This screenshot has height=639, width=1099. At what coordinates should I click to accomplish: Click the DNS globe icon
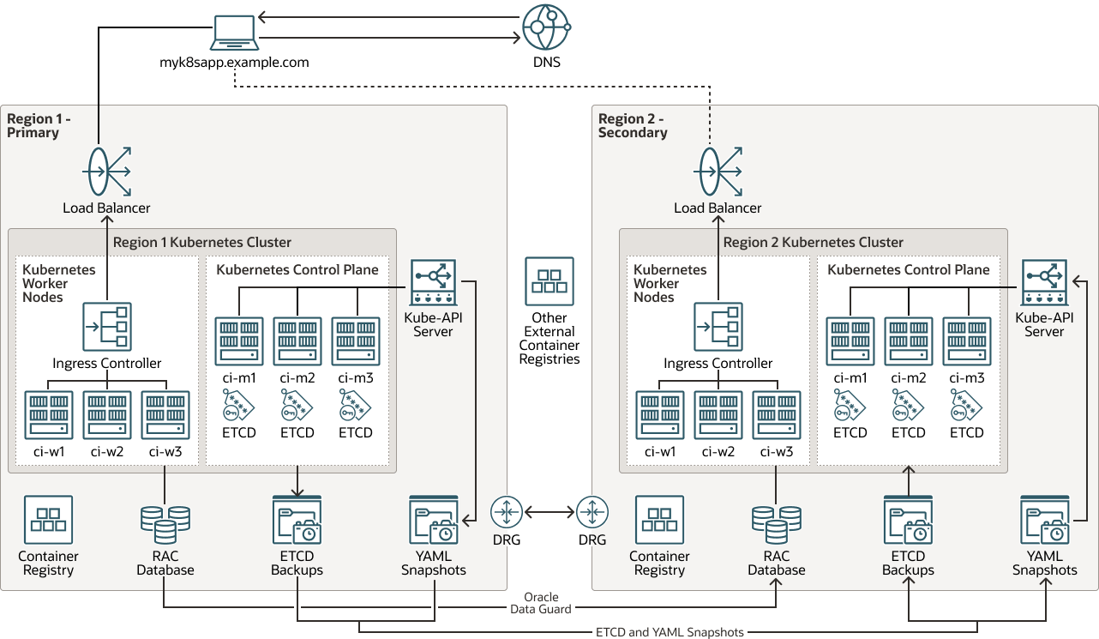pyautogui.click(x=547, y=27)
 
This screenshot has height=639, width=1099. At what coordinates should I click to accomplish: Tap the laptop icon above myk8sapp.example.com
pyautogui.click(x=234, y=33)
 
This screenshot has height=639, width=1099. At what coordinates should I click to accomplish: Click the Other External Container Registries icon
pyautogui.click(x=549, y=281)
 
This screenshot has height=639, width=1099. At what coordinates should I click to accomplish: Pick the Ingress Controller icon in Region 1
pyautogui.click(x=106, y=327)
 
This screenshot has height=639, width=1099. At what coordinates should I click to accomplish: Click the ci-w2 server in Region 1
pyautogui.click(x=106, y=415)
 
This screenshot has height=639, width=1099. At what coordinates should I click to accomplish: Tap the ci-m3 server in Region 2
pyautogui.click(x=967, y=341)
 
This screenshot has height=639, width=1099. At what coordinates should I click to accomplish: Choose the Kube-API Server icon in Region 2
pyautogui.click(x=1044, y=284)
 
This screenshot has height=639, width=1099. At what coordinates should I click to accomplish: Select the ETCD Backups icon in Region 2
pyautogui.click(x=908, y=520)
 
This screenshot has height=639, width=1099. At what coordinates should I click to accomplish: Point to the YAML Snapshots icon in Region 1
pyautogui.click(x=434, y=520)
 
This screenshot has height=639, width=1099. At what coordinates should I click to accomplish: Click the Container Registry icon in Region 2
pyautogui.click(x=659, y=520)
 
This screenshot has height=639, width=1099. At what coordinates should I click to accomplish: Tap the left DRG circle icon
pyautogui.click(x=507, y=512)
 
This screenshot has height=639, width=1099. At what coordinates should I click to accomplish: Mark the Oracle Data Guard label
pyautogui.click(x=541, y=603)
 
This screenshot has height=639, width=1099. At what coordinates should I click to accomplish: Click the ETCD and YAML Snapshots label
pyautogui.click(x=670, y=632)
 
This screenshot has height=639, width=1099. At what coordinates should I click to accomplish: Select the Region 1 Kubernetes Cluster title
pyautogui.click(x=202, y=242)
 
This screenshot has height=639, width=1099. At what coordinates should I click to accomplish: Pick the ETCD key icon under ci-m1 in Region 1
pyautogui.click(x=237, y=404)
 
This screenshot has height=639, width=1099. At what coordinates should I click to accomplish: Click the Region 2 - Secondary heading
pyautogui.click(x=633, y=125)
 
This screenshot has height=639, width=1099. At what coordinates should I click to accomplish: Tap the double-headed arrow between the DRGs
pyautogui.click(x=549, y=512)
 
